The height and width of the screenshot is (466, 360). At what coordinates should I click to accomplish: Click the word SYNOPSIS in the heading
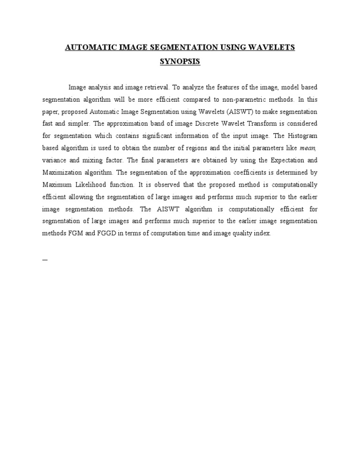click(x=180, y=61)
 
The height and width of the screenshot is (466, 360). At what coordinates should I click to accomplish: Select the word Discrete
click(x=210, y=124)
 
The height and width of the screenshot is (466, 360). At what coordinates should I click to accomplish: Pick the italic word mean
click(x=307, y=148)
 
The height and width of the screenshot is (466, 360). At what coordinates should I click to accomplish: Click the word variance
click(x=55, y=160)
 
